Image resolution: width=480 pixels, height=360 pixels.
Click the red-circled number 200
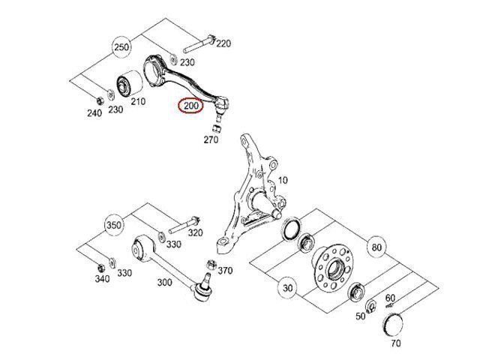point(191,106)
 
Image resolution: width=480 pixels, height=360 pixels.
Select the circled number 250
point(121,47)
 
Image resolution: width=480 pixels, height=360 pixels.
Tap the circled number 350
point(114,225)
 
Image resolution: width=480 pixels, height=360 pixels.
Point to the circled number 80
point(376,247)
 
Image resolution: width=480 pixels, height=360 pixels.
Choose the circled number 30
point(287,288)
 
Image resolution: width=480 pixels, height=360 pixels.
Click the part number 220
point(223,43)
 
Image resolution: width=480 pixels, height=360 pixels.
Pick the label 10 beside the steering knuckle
point(283,180)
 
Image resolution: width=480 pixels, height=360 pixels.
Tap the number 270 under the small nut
point(211,140)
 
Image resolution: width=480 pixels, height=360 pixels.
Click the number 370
point(225,271)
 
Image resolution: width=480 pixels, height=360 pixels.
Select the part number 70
point(396,343)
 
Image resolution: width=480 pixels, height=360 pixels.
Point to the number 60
point(390,298)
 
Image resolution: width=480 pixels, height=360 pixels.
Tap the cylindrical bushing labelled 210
point(130,83)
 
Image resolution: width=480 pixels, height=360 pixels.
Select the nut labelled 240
point(100,100)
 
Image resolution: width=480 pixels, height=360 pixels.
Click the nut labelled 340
point(100,268)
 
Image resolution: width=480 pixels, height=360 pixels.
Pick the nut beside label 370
point(211,265)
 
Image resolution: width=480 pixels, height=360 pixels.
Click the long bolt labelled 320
point(184,225)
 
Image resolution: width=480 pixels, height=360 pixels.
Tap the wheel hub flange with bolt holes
point(332,267)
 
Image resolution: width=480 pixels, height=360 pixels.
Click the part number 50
point(361,316)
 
